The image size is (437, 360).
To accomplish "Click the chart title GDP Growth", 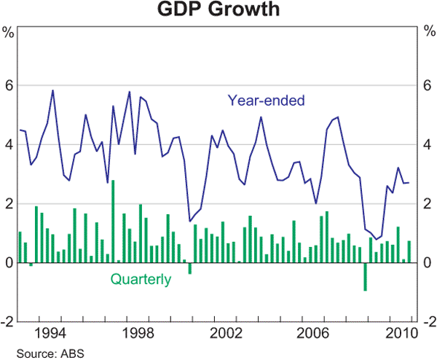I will click(218, 10).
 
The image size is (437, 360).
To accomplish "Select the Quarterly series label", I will click(141, 278).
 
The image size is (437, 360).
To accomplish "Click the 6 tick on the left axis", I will click(9, 85).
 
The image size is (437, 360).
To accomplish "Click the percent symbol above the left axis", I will click(9, 32).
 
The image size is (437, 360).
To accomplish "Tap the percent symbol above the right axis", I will click(428, 32).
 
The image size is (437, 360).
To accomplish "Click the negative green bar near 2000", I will click(190, 268).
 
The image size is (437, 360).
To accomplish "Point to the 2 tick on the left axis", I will click(9, 203).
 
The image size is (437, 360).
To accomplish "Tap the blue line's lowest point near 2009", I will click(376, 239).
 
